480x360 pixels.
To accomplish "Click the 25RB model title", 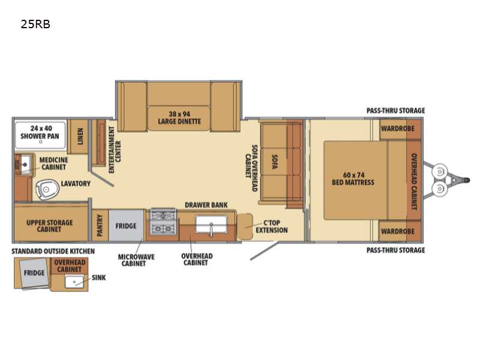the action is coord(35,24).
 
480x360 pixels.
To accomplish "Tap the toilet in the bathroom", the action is coord(47,189).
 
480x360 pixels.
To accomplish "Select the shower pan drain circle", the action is coord(40,142).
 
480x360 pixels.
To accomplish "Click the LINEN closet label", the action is coord(80,136).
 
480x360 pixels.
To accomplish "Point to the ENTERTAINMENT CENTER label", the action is coord(115,149).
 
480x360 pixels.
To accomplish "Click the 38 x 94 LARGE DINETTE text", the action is coord(179,118).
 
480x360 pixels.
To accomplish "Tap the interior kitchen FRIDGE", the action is coord(126,226).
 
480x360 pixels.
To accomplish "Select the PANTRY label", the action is coord(100,226).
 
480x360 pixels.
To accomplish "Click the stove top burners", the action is coord(163,222).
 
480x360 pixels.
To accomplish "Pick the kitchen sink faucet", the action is coord(211,229).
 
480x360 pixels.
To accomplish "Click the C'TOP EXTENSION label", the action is coord(272,227).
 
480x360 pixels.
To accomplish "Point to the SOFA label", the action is coord(275,162).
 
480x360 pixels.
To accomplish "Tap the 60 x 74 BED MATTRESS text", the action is coord(353,179).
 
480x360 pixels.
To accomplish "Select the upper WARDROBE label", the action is coord(398,128).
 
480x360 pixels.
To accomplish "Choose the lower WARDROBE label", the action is coord(398,231).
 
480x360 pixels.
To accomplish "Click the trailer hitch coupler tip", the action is coord(467,180).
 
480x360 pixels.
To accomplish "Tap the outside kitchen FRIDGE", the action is coord(34,273).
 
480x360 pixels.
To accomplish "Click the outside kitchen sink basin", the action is coord(74,281).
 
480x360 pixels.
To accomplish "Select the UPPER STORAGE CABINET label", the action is coord(50,226).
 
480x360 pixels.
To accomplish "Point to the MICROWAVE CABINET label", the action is coord(136,260).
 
